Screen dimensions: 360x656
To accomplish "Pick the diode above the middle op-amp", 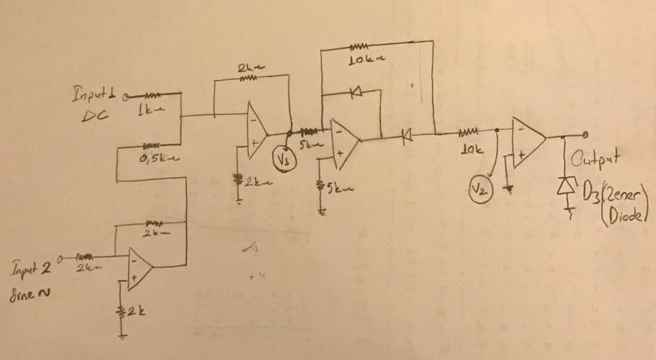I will coord(355,91).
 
